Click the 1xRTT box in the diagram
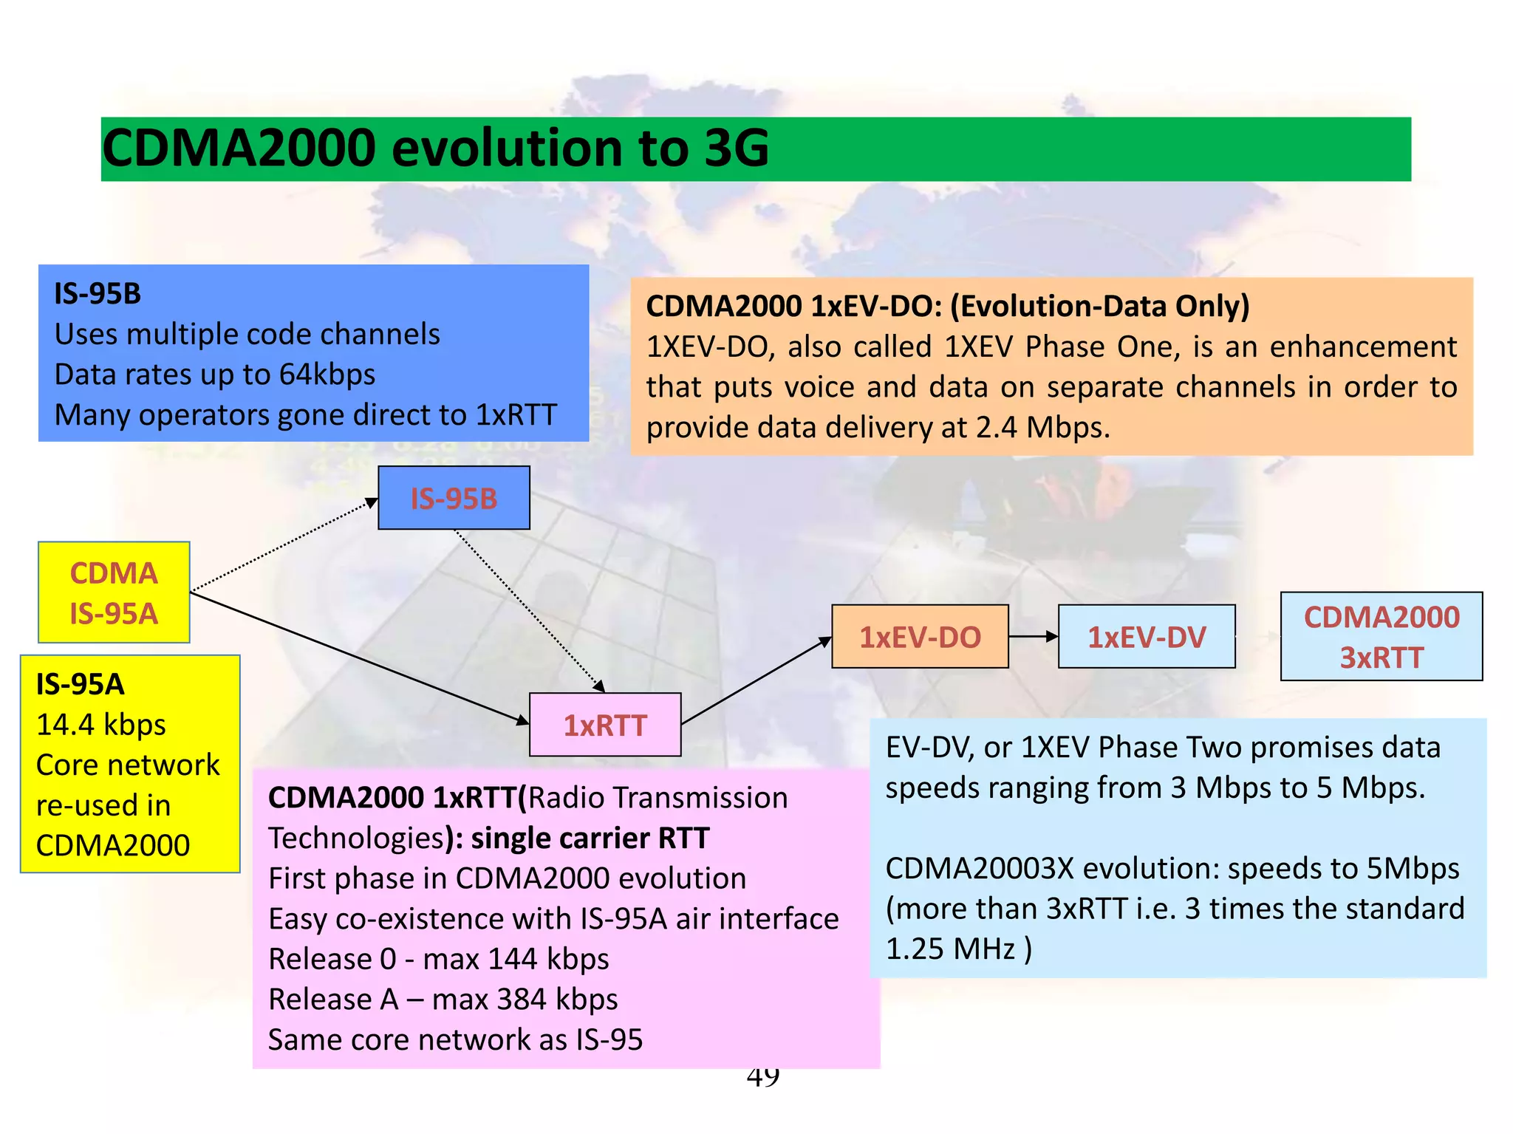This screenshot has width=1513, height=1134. [x=605, y=725]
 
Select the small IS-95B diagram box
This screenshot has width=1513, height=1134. [x=454, y=498]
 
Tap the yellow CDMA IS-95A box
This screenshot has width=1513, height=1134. [x=114, y=592]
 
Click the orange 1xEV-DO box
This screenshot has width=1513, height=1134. [x=920, y=637]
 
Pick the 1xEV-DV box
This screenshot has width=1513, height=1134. [x=1147, y=637]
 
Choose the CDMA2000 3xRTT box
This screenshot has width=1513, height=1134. [x=1381, y=636]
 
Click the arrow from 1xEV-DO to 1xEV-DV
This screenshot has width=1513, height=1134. [x=1034, y=636]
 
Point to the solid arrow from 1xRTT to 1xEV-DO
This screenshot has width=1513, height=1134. [x=756, y=680]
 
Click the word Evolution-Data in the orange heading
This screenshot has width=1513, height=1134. [x=1061, y=307]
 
